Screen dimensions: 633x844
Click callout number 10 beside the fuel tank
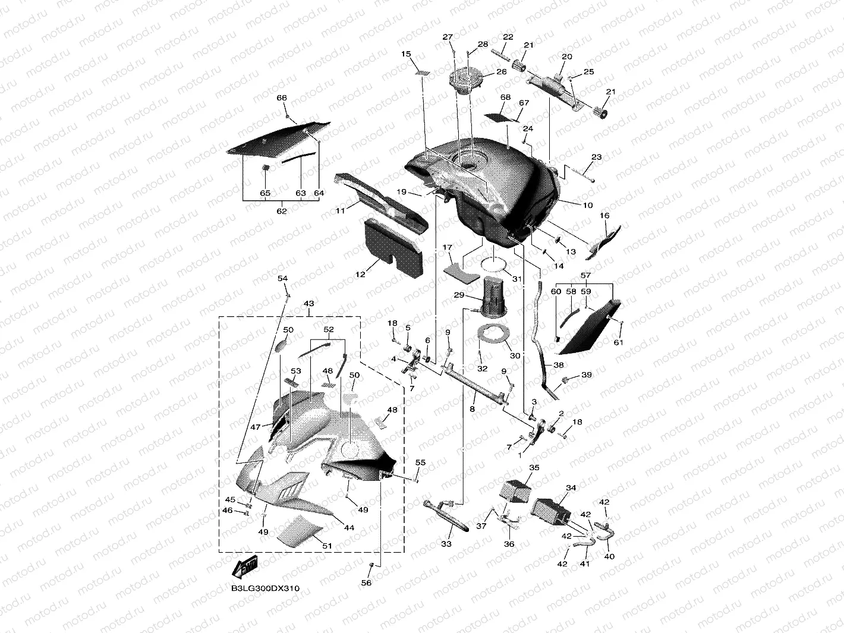588,206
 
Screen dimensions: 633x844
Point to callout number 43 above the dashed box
308,304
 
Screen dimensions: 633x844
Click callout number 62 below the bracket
282,211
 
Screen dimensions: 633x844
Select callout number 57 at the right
585,276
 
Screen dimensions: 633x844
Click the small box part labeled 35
515,489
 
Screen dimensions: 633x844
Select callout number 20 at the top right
566,56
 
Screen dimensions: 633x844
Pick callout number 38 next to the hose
558,365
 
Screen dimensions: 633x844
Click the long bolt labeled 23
583,175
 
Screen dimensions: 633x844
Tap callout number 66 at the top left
282,98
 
